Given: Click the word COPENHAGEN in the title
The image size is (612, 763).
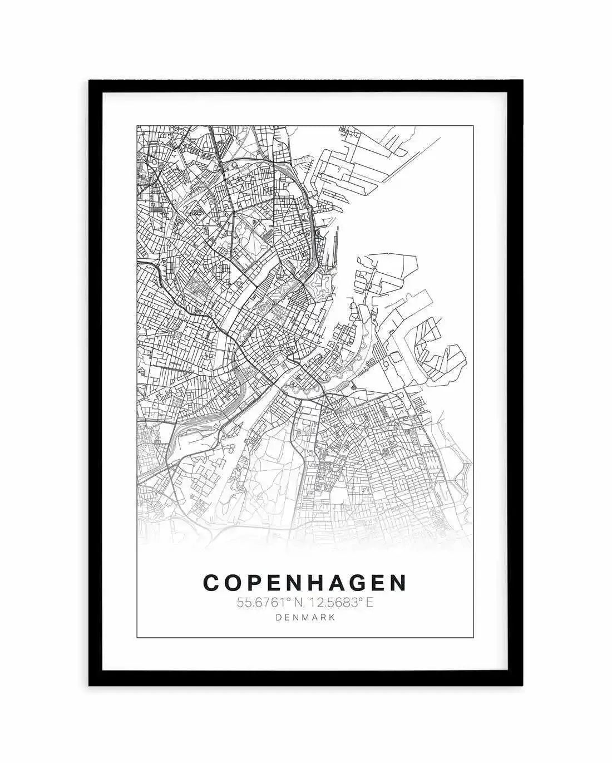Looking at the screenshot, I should point(305,583).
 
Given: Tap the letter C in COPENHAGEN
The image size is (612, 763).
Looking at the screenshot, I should point(212,583).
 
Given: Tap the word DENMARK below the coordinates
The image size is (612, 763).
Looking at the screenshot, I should point(305,617).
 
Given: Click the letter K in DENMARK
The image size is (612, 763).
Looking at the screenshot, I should point(332,617).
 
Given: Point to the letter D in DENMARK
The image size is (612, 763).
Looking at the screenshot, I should point(278,617).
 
